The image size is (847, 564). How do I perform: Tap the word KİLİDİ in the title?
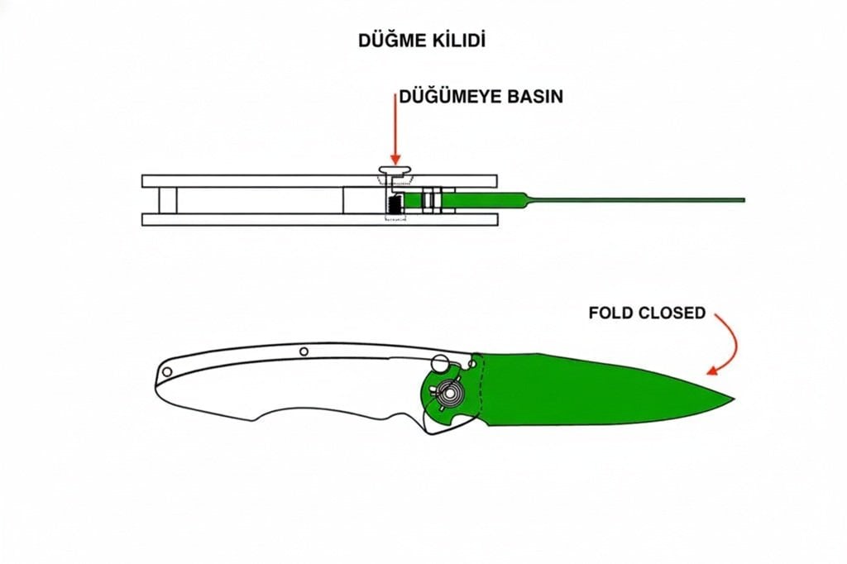coord(459,40)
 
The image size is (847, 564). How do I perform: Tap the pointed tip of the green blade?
coord(731,399)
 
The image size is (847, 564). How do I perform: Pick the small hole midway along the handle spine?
coord(304,351)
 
